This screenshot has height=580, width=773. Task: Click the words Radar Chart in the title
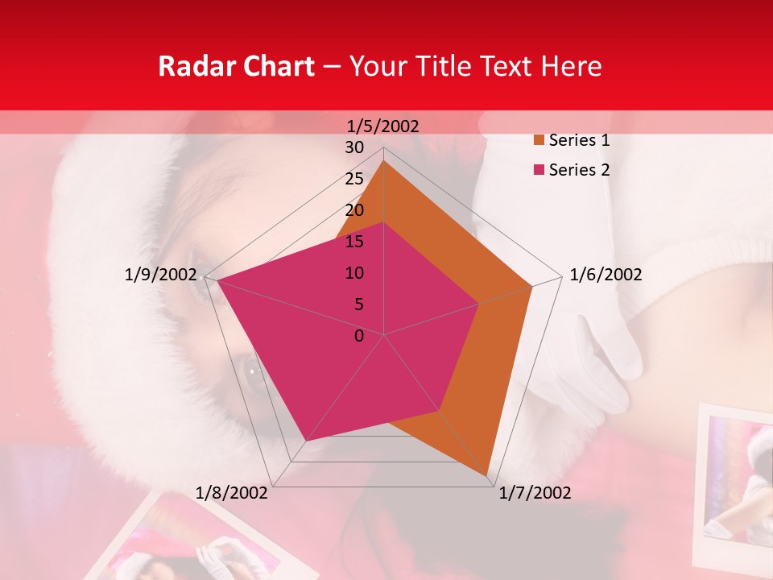[235, 66]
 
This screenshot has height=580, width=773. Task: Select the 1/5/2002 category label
[382, 126]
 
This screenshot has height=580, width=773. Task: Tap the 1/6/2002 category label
[606, 275]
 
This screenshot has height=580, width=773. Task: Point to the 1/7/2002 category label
[535, 493]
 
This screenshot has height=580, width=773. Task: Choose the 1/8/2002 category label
[232, 493]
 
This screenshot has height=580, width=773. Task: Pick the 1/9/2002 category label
[161, 275]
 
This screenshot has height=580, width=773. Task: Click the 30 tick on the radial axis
[354, 147]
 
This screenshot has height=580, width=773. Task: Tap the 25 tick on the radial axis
[354, 179]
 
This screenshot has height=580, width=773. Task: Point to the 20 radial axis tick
[354, 210]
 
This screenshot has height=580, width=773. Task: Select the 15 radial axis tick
[354, 242]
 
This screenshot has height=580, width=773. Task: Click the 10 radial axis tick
[354, 273]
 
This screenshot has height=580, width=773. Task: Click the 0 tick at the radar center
[359, 336]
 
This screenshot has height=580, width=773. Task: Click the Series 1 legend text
[579, 140]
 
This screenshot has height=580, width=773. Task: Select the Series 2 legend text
[579, 170]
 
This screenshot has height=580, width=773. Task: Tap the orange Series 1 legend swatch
[539, 140]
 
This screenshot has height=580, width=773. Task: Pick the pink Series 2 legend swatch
[539, 170]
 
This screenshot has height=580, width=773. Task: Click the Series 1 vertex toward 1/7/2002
[487, 475]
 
